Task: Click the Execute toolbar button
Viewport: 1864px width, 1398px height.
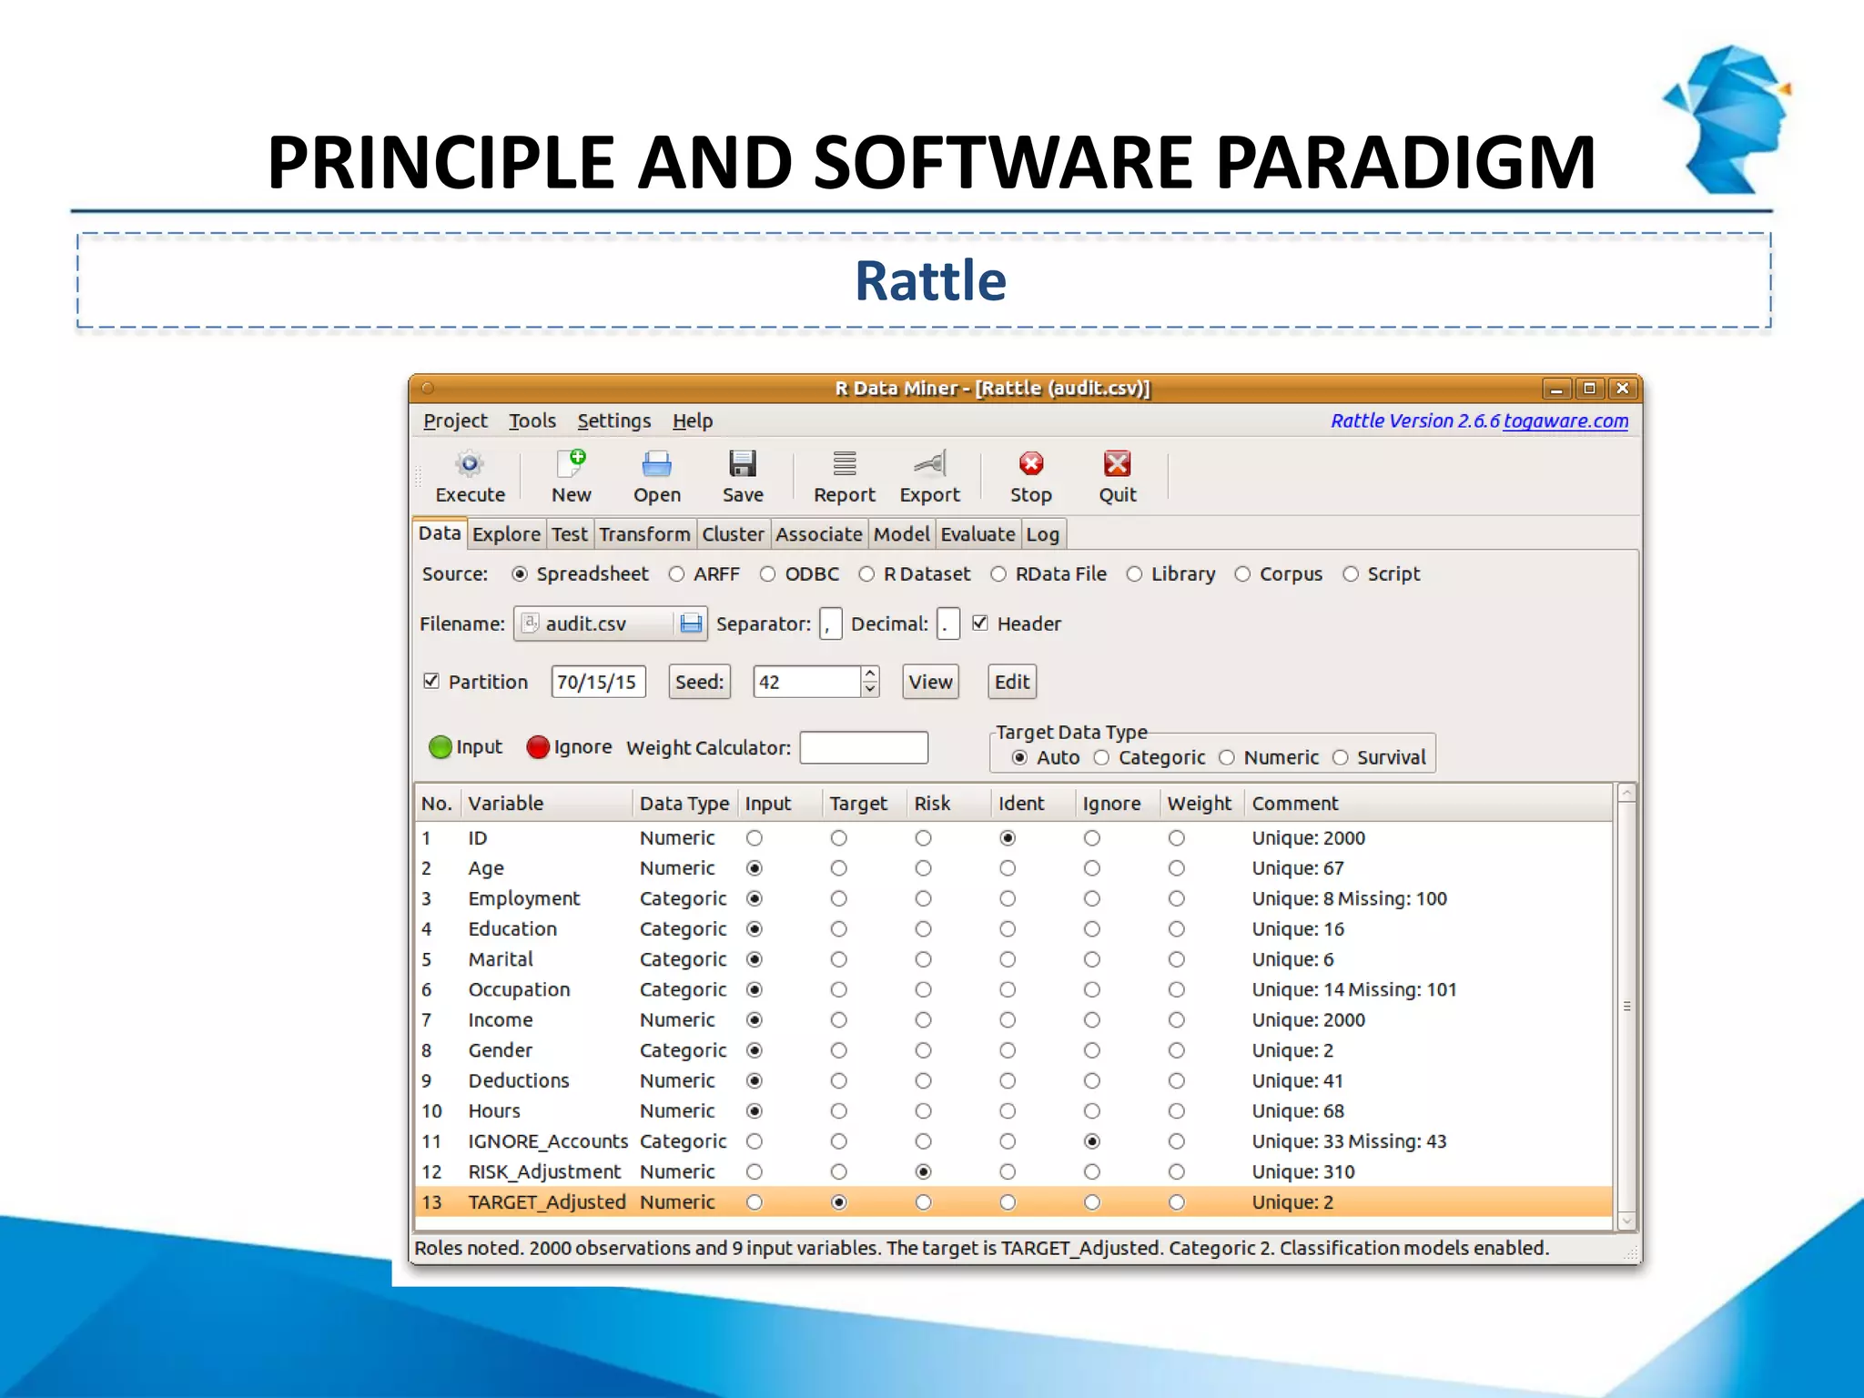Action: pyautogui.click(x=470, y=476)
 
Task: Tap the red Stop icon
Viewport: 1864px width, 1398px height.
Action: pyautogui.click(x=1030, y=464)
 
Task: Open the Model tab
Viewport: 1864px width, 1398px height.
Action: pyautogui.click(x=901, y=534)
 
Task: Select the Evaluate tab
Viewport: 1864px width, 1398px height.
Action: pyautogui.click(x=978, y=534)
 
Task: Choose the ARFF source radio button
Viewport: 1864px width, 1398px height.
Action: pyautogui.click(x=676, y=574)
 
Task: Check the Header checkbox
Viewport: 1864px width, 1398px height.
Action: pyautogui.click(x=980, y=623)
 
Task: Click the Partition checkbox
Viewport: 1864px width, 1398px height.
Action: pyautogui.click(x=431, y=681)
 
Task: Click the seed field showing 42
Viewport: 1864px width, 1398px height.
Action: pyautogui.click(x=805, y=682)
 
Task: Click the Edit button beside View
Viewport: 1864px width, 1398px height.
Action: pyautogui.click(x=1011, y=682)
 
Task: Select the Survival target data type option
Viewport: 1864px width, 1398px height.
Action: pyautogui.click(x=1341, y=757)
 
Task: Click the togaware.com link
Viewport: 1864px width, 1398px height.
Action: pyautogui.click(x=1565, y=420)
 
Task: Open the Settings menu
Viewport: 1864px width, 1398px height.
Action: pyautogui.click(x=613, y=420)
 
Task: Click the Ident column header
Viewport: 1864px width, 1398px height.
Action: pyautogui.click(x=1020, y=803)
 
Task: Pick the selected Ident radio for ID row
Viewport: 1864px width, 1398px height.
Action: pyautogui.click(x=1008, y=837)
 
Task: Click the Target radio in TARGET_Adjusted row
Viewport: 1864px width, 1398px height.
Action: pyautogui.click(x=839, y=1202)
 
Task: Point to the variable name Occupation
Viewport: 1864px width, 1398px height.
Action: pyautogui.click(x=519, y=989)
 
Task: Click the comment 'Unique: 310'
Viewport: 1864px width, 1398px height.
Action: pyautogui.click(x=1302, y=1171)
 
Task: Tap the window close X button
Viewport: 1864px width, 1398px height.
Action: pyautogui.click(x=1622, y=389)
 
